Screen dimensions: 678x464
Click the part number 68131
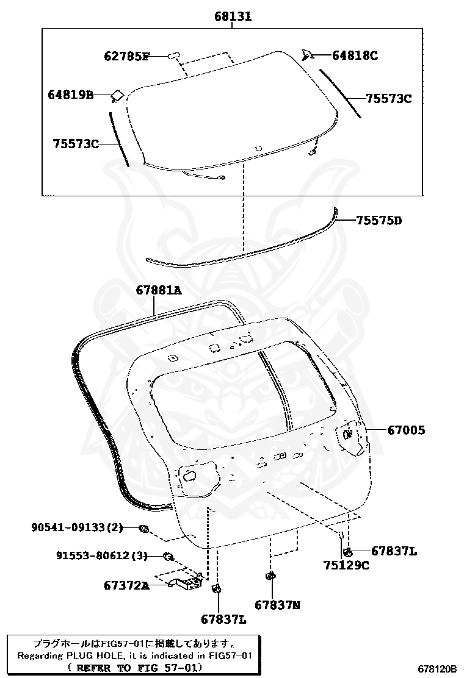click(x=233, y=16)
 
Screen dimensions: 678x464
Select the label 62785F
click(x=126, y=57)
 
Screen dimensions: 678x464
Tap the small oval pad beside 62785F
click(x=173, y=56)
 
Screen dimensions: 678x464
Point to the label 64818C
click(x=355, y=55)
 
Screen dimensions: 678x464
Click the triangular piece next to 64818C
click(x=308, y=55)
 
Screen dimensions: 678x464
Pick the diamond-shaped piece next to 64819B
click(x=117, y=95)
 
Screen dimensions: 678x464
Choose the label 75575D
click(x=379, y=220)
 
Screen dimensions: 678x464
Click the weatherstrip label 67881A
click(x=159, y=291)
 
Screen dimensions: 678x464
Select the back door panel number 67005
click(x=406, y=430)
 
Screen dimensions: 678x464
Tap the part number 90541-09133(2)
click(x=78, y=527)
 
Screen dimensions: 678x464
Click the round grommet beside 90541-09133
click(x=144, y=529)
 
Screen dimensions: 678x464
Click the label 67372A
click(x=126, y=585)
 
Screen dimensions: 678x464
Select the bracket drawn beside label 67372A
click(x=186, y=581)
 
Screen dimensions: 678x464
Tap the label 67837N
click(x=277, y=605)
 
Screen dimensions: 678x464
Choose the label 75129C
click(x=346, y=565)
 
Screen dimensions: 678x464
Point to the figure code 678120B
click(x=437, y=669)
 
